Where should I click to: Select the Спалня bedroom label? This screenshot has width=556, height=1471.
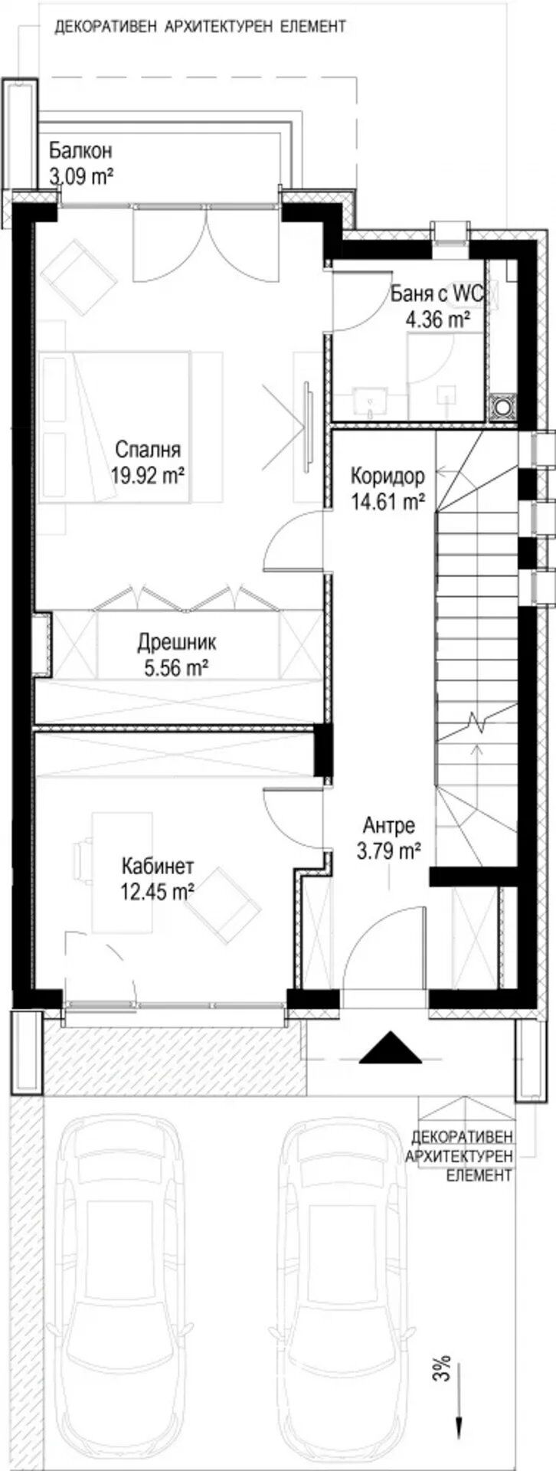tap(149, 449)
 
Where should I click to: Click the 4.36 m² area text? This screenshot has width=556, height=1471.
tap(437, 319)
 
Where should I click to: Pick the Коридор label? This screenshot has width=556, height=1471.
tap(388, 476)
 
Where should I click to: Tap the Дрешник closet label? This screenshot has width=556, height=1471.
tap(177, 641)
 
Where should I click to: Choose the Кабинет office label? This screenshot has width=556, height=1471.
tap(157, 867)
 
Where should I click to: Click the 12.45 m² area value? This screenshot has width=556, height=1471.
tap(157, 891)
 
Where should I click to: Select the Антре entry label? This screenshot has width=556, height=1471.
tap(389, 826)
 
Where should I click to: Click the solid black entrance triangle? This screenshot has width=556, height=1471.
tap(391, 1049)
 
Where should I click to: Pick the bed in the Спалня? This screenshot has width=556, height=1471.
tap(115, 427)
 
